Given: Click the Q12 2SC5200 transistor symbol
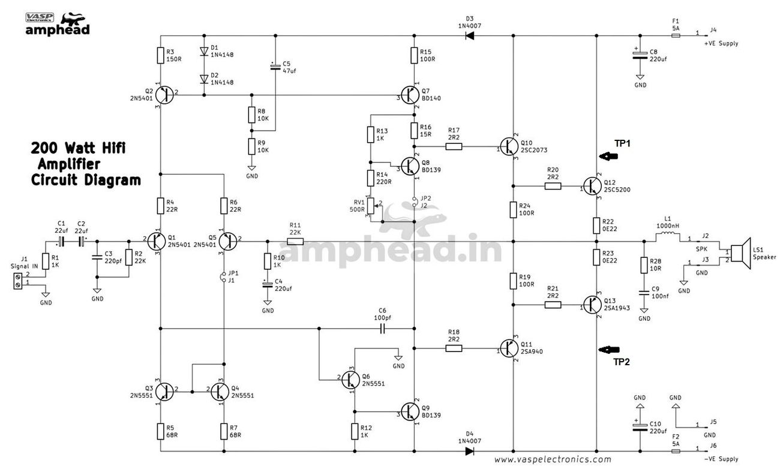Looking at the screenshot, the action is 592,186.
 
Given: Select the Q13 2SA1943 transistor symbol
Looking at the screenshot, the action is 592,305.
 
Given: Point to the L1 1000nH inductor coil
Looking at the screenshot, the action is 667,237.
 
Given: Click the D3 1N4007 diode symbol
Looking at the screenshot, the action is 470,35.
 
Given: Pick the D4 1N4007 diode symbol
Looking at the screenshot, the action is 470,451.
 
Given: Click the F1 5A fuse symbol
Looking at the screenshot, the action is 676,35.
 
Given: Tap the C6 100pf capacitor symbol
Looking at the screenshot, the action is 382,328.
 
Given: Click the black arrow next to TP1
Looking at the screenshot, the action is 608,157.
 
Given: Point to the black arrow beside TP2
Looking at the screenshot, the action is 608,349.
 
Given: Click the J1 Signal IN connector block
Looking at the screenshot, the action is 18,281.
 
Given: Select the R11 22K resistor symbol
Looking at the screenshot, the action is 295,241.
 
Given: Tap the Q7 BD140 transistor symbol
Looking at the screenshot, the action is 410,95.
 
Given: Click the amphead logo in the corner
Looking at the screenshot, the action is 58,25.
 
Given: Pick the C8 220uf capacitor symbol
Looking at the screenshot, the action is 640,55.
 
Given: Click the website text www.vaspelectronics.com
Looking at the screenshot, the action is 553,459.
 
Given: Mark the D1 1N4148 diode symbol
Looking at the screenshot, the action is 204,51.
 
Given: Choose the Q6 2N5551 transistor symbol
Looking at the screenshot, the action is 350,380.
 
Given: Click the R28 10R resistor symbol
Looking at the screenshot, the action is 644,265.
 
